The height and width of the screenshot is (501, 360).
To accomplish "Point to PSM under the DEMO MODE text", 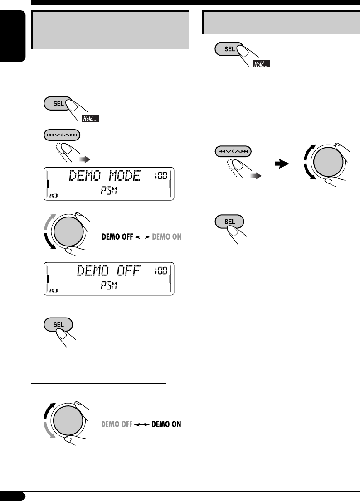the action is pyautogui.click(x=108, y=193).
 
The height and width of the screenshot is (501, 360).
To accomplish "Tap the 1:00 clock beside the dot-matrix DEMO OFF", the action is pyautogui.click(x=160, y=270).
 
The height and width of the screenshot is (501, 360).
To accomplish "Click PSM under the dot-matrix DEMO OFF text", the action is pyautogui.click(x=108, y=288).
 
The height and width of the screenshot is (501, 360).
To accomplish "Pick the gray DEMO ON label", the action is pyautogui.click(x=166, y=236).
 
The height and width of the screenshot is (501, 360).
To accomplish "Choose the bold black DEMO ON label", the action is pyautogui.click(x=167, y=425).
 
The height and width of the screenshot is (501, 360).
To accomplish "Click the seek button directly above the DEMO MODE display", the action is pyautogui.click(x=63, y=135).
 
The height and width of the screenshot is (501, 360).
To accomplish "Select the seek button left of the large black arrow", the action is pyautogui.click(x=232, y=151).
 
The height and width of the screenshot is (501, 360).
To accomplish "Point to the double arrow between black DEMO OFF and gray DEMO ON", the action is pyautogui.click(x=143, y=237).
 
